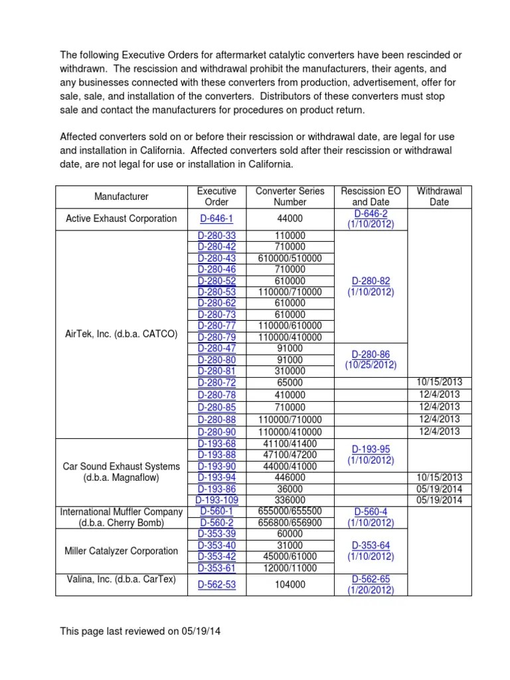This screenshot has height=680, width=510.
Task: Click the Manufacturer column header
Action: [x=122, y=197]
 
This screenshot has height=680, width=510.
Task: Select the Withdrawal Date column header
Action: [x=439, y=197]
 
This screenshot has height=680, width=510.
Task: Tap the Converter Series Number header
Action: [x=290, y=197]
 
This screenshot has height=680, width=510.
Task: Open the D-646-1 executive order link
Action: [x=216, y=218]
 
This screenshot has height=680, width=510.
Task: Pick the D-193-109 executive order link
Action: [x=216, y=500]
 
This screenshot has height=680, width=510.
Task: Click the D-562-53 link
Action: [x=216, y=584]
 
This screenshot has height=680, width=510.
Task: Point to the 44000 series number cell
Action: [x=290, y=218]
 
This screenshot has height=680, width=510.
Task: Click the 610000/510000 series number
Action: [x=290, y=258]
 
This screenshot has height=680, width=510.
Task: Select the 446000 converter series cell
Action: [x=290, y=477]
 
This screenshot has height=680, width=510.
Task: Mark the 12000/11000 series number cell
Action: [x=290, y=568]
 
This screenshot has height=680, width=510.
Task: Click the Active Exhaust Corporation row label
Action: [x=122, y=218]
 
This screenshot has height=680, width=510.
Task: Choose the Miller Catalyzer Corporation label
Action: [x=122, y=551]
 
